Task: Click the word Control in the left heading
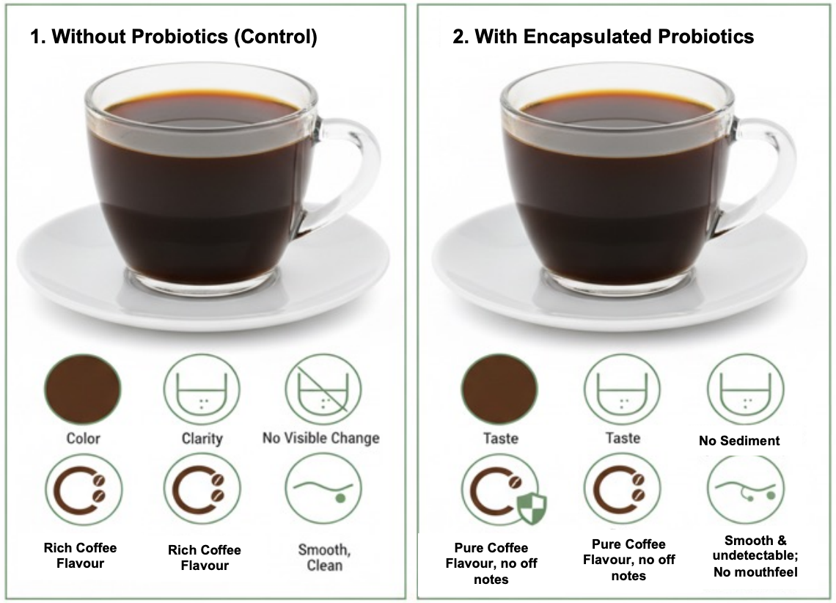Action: click(276, 36)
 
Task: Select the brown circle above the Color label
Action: click(83, 389)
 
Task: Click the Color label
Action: click(83, 438)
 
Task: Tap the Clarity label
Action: click(202, 438)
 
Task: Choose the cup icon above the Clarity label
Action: click(202, 390)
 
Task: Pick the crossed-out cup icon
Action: click(323, 390)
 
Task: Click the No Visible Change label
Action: click(321, 438)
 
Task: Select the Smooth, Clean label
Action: click(324, 557)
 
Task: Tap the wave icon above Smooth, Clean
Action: click(323, 489)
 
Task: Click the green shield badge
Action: click(532, 507)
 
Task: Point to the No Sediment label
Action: click(739, 440)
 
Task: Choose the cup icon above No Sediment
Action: click(745, 390)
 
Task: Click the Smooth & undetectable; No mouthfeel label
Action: click(755, 556)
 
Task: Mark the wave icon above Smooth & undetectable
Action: click(745, 489)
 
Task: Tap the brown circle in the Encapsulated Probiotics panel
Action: click(499, 389)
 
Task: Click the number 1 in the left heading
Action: click(35, 36)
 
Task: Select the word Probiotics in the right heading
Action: click(706, 36)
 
